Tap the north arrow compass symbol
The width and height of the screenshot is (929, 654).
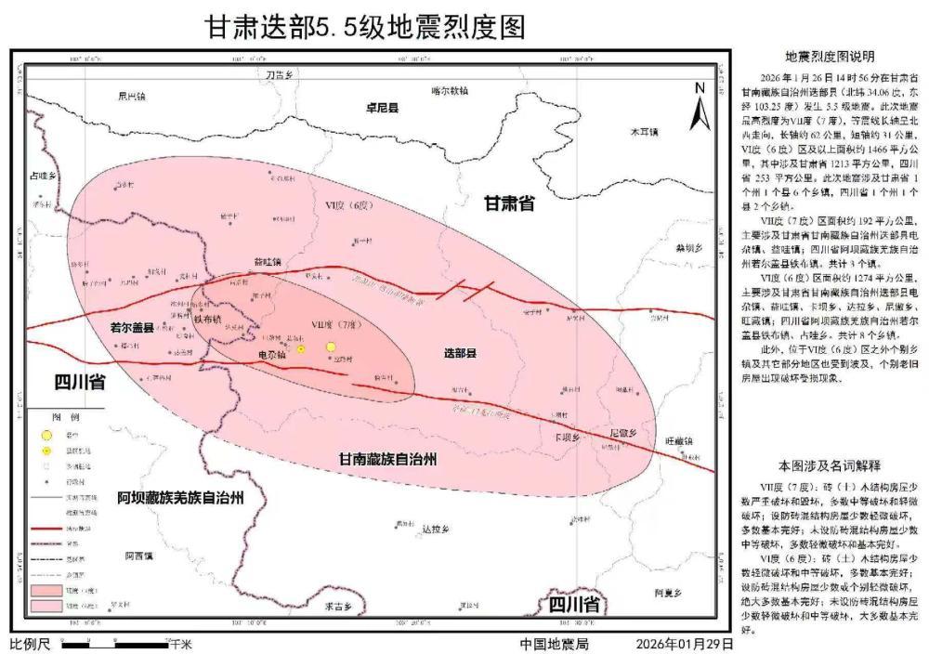tap(701, 105)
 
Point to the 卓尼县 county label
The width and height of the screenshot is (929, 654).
tap(382, 108)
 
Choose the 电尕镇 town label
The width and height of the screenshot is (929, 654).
tap(271, 356)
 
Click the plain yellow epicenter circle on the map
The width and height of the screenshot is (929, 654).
tap(331, 347)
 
